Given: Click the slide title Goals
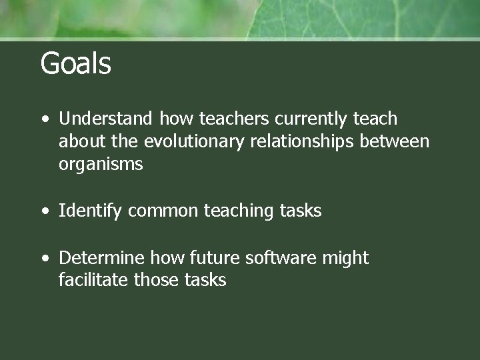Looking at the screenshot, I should [x=75, y=64].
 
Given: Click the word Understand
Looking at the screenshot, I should [x=107, y=119].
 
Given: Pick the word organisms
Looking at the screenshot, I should [x=101, y=165].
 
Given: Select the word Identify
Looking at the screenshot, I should [x=91, y=211].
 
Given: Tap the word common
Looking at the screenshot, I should [x=163, y=211].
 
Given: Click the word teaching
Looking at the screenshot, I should [x=235, y=211].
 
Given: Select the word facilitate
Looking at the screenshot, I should [x=94, y=280].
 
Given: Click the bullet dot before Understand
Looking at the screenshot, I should [x=44, y=120].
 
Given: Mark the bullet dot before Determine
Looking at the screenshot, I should [x=44, y=259].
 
